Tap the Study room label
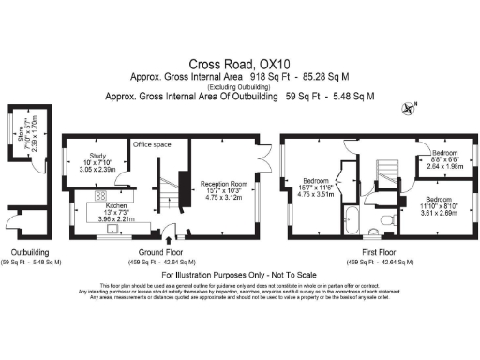pyautogui.click(x=98, y=157)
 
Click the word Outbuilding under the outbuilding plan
pyautogui.click(x=29, y=252)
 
